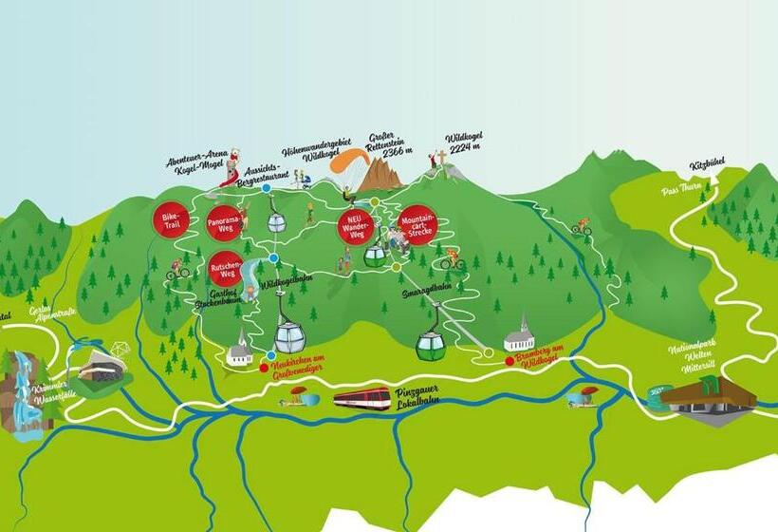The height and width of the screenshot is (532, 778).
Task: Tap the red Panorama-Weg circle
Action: [x=224, y=224]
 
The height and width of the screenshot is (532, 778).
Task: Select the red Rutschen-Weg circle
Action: [x=228, y=269]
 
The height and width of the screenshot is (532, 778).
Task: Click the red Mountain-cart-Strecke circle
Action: [x=417, y=223]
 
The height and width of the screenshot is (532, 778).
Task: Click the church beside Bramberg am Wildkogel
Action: [x=519, y=335]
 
